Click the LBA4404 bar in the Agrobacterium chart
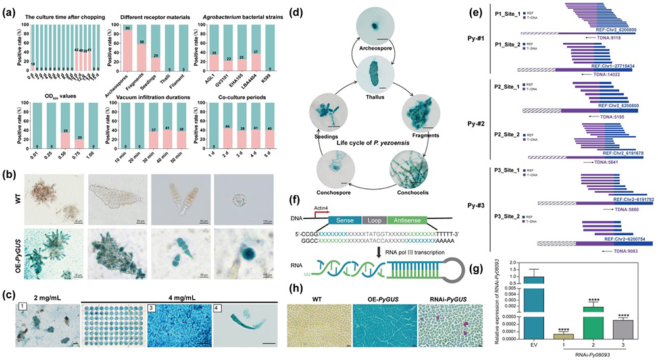pos(296,63)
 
